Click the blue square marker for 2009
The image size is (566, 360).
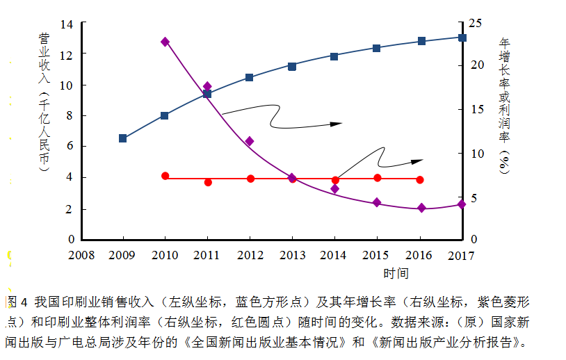point(123,138)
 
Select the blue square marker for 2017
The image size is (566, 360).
point(462,37)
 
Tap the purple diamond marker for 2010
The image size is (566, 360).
point(165,42)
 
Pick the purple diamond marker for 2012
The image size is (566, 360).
point(250,141)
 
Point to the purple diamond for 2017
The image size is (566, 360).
point(462,204)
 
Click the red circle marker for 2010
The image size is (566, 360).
point(165,176)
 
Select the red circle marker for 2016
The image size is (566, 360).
point(420,179)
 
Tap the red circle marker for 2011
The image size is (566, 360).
point(208,182)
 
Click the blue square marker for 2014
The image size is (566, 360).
point(334,56)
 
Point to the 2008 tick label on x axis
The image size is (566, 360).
point(81,255)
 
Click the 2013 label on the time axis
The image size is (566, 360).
point(293,255)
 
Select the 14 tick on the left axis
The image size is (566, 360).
point(67,24)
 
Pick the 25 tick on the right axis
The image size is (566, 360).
point(476,24)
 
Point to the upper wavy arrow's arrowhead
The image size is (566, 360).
point(337,124)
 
